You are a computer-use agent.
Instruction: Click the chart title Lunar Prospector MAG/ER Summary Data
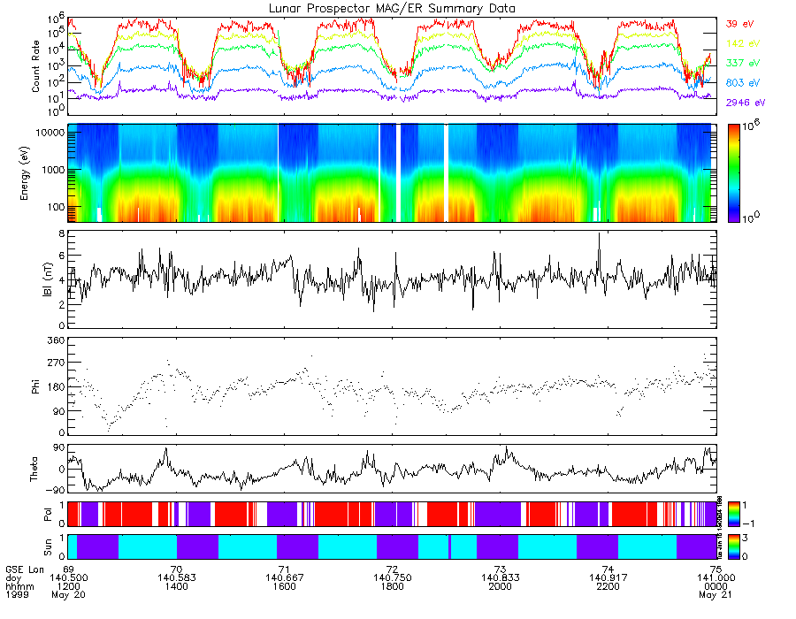(392, 8)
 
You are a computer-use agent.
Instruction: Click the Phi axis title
(36, 386)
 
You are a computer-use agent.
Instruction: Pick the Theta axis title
(36, 470)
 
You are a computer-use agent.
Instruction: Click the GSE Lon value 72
(391, 569)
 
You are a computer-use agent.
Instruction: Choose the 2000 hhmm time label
(500, 586)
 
